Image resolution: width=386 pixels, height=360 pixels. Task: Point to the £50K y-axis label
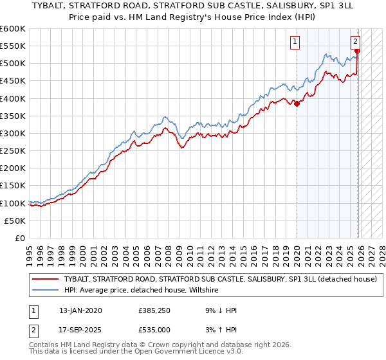pos(15,221)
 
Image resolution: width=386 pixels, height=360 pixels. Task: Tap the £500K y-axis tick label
pos(13,64)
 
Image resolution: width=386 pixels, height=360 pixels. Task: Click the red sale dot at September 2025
pos(358,51)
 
